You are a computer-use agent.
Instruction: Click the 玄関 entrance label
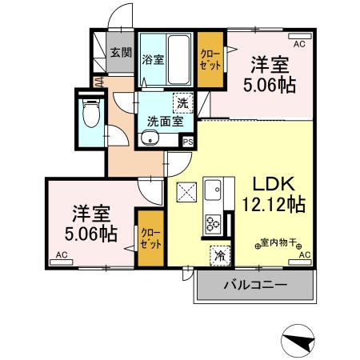pos(121,54)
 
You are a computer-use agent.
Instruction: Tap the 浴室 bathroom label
pos(153,59)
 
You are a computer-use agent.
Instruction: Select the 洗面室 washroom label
pos(166,122)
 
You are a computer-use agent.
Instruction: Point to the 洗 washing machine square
pos(183,103)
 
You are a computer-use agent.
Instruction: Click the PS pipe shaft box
pos(188,142)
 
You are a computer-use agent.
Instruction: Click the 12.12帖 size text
pos(272,204)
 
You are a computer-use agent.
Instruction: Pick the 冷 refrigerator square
pos(218,257)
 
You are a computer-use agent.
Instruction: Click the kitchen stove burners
pos(214,223)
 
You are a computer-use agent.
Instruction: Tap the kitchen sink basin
pos(214,192)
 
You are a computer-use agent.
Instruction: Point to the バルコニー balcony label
pos(254,284)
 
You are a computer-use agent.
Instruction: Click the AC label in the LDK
pos(302,254)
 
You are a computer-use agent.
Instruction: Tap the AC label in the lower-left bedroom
pos(61,257)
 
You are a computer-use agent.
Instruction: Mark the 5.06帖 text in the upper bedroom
pos(268,86)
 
